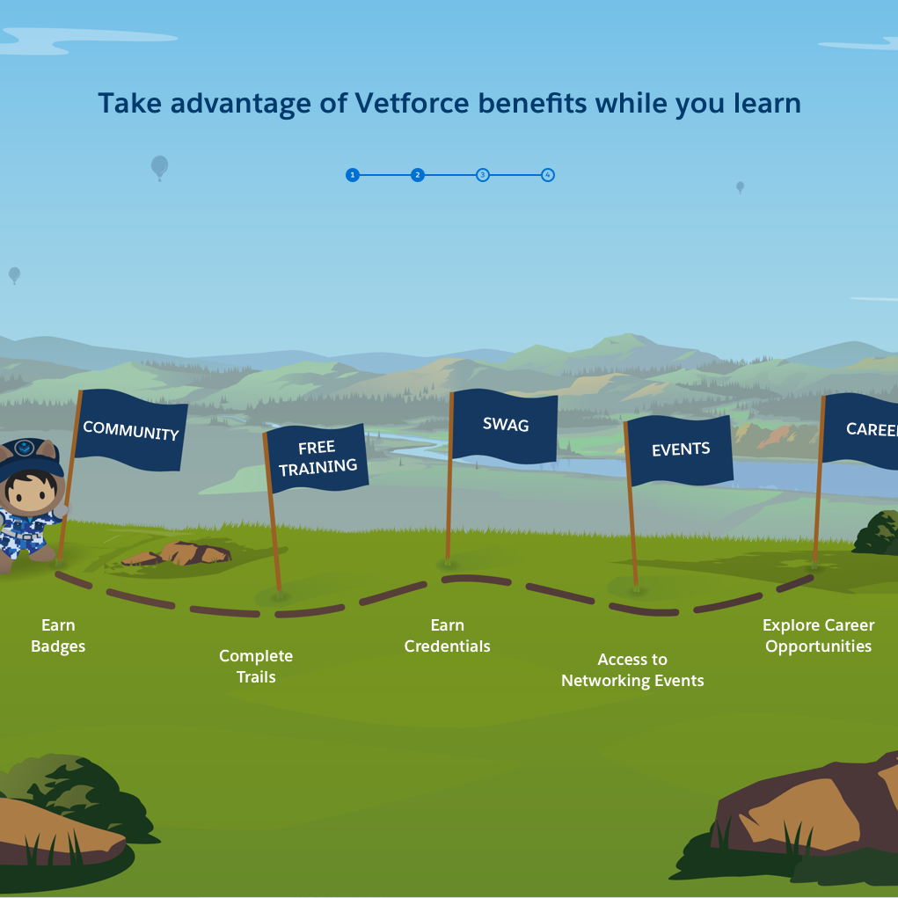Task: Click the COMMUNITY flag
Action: pos(130,430)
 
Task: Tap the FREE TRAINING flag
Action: pos(317,458)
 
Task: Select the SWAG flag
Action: pos(505,426)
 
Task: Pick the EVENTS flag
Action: pos(680,449)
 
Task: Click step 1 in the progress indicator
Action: pos(352,175)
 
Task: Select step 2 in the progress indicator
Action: pos(418,175)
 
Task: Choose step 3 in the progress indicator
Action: pos(483,175)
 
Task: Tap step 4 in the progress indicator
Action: pos(548,175)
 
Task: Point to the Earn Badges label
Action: pos(58,636)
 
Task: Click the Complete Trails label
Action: pos(256,666)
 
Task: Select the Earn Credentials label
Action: pos(447,636)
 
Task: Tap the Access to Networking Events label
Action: pos(632,670)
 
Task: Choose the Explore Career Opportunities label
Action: pos(818,636)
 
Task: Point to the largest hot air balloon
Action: pos(159,166)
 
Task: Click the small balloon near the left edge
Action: pos(14,274)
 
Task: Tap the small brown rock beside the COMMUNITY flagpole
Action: pos(180,554)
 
